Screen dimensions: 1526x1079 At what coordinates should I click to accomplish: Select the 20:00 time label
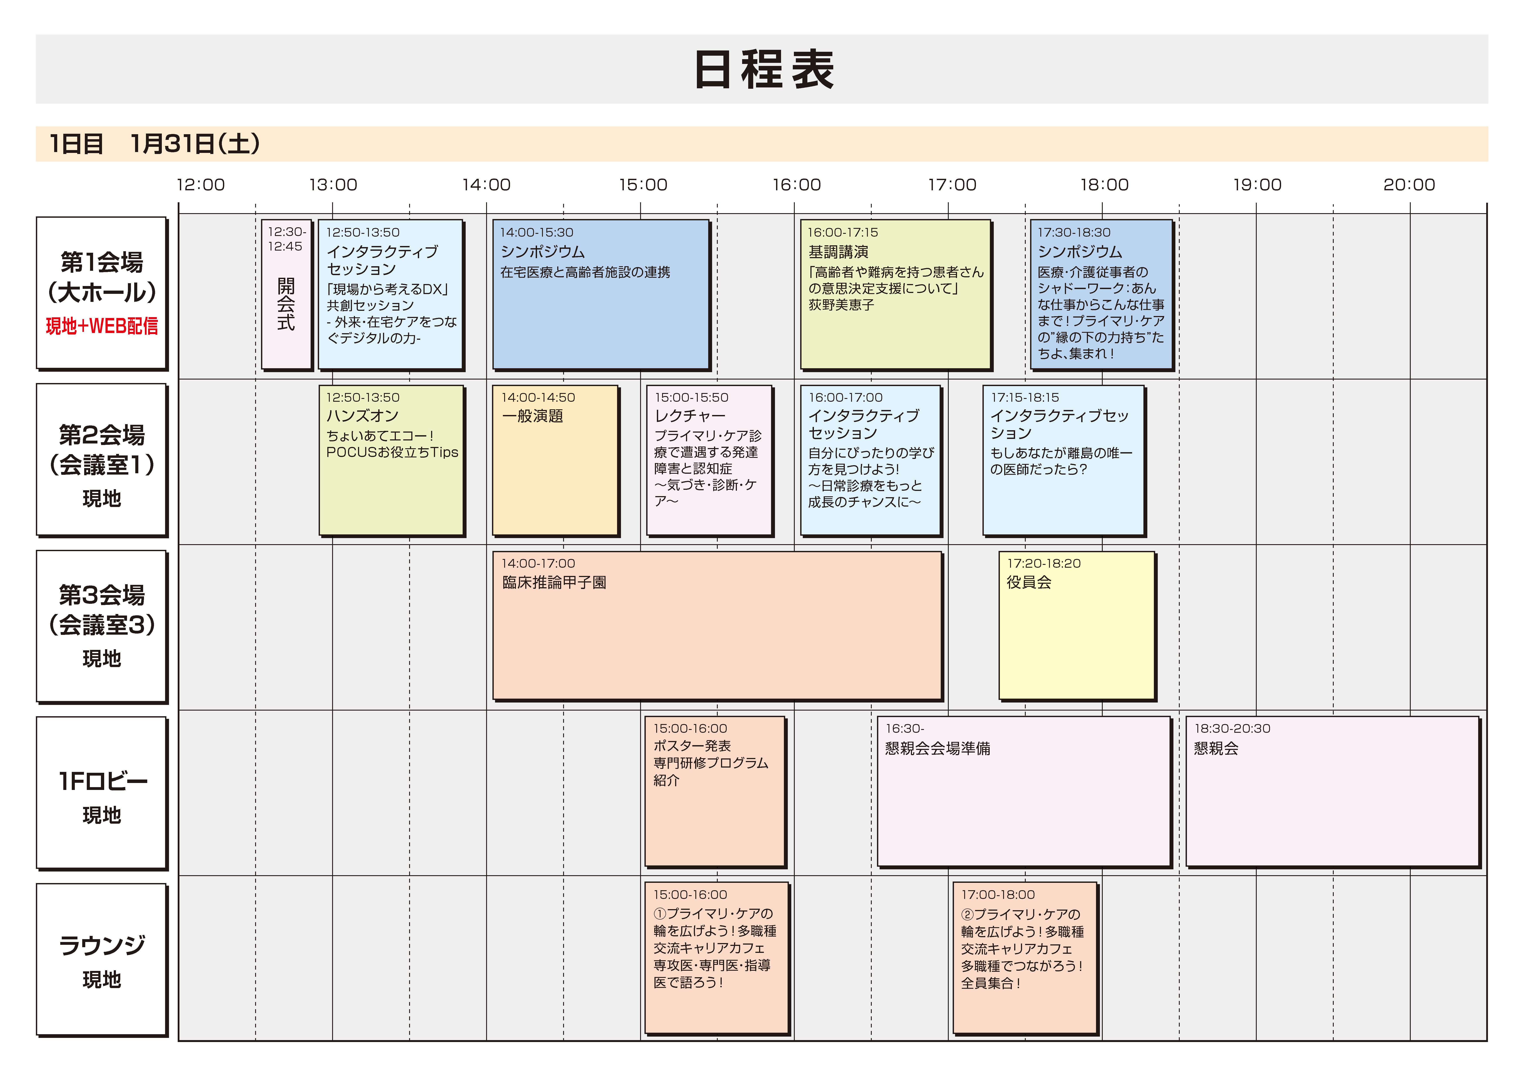(x=1409, y=185)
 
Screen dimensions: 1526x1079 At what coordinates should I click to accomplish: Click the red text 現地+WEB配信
(x=102, y=326)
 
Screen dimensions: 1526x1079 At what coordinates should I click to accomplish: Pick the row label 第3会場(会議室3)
(x=102, y=610)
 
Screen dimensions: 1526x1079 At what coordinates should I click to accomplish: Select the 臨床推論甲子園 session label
(x=554, y=582)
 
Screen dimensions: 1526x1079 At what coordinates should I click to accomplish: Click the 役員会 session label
(x=1029, y=582)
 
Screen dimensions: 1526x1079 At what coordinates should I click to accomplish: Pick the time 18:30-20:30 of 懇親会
(x=1232, y=729)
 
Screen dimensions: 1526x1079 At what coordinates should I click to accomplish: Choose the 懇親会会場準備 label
(x=938, y=749)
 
